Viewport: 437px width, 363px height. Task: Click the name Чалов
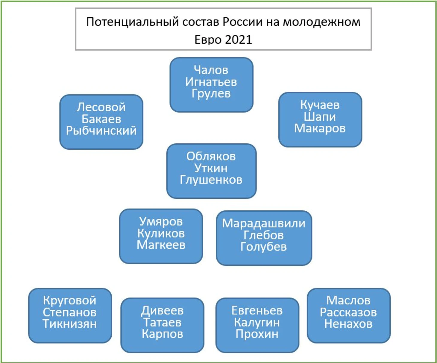click(211, 70)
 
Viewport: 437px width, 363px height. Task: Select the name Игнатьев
click(211, 82)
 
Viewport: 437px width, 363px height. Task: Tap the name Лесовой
click(101, 107)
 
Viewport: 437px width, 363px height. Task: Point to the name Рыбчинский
click(101, 130)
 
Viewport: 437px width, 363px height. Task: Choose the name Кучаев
click(320, 105)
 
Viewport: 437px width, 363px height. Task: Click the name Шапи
click(320, 116)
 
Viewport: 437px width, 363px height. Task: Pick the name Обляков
click(211, 156)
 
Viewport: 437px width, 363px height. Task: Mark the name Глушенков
click(211, 180)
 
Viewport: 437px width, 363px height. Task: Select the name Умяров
click(161, 221)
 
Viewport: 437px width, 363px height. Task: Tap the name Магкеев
click(161, 245)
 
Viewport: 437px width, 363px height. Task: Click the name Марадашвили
click(264, 223)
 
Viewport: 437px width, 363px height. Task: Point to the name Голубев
click(263, 247)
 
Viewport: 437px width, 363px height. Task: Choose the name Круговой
click(70, 300)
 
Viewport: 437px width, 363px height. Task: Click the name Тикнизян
click(70, 324)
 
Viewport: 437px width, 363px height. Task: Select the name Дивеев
click(162, 311)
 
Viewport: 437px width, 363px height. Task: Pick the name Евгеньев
click(257, 310)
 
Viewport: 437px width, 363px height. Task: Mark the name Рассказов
click(348, 312)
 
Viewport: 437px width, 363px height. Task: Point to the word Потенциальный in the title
click(133, 22)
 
